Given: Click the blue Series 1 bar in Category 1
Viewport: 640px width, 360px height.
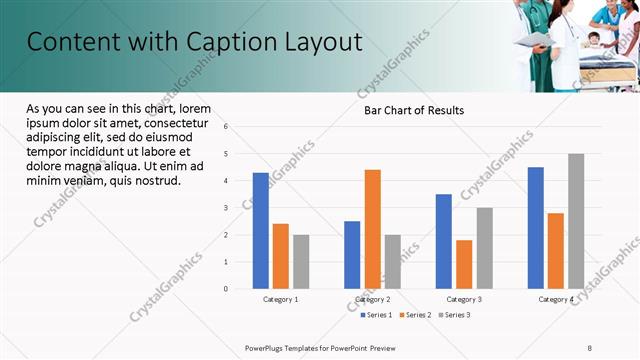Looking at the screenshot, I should tap(261, 231).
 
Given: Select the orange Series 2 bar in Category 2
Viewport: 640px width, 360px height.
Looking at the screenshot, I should tap(372, 229).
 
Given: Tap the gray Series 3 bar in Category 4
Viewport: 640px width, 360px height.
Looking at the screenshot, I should tap(576, 221).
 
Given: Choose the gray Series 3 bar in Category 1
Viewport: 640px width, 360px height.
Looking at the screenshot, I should tap(301, 262).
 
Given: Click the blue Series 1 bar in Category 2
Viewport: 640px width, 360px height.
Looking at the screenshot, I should tap(352, 255).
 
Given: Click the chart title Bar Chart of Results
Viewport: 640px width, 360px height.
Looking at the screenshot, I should tap(413, 110).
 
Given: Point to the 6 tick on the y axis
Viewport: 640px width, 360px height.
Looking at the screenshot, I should tap(226, 127).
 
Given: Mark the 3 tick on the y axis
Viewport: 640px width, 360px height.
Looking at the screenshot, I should tap(226, 208).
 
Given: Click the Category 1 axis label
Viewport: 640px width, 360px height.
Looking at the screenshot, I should tap(281, 299).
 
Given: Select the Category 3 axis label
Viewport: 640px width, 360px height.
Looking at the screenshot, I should tap(464, 299).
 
